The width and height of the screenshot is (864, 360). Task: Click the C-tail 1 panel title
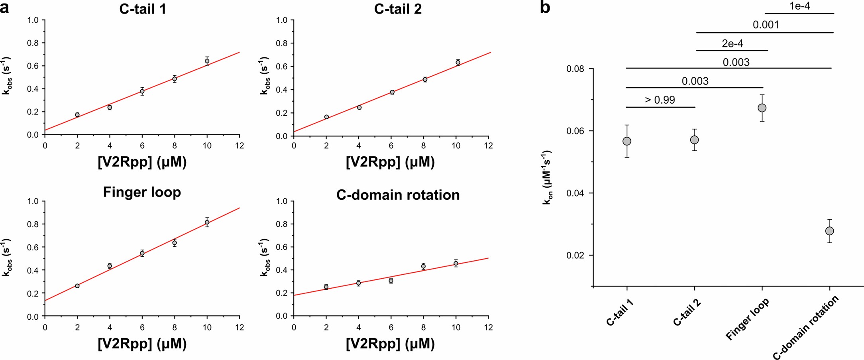[x=142, y=9]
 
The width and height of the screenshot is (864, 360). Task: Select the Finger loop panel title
[x=142, y=192]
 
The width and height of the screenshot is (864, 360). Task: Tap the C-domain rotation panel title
[x=398, y=195]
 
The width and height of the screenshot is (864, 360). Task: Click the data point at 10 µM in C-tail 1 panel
[x=207, y=61]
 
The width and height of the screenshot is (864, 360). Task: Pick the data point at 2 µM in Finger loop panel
[x=77, y=286]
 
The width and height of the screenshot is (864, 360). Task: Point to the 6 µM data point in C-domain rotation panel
[x=391, y=281]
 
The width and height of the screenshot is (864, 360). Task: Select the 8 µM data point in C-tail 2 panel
[x=425, y=79]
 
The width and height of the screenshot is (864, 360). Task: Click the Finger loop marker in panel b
[x=762, y=108]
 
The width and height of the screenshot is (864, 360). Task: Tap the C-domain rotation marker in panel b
[x=829, y=231]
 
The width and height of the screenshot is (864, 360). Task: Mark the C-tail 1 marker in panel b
[x=627, y=142]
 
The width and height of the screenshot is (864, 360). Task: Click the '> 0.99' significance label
[x=660, y=100]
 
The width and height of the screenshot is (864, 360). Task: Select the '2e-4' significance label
[x=732, y=43]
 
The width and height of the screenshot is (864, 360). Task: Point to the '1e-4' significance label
[x=799, y=6]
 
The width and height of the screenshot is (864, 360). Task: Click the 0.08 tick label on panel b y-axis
[x=575, y=69]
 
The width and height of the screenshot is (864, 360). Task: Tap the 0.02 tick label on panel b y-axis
[x=575, y=256]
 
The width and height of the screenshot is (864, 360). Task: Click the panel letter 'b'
[x=545, y=7]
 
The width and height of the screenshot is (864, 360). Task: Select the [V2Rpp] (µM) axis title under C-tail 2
[x=390, y=162]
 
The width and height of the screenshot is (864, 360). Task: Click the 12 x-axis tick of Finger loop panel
[x=240, y=328]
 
